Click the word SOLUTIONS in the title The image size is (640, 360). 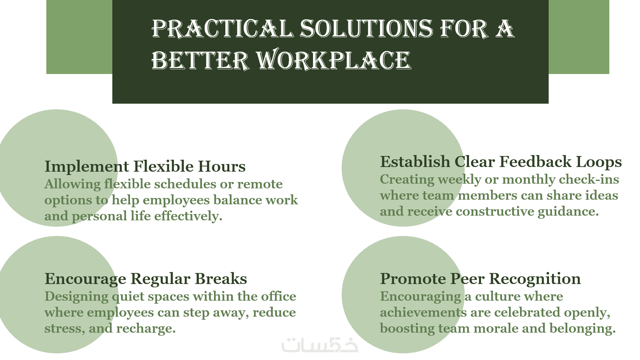coord(367,29)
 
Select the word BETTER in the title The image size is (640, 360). coord(200,60)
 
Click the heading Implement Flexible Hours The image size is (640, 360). coord(145,166)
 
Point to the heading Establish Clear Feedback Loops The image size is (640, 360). coord(501,162)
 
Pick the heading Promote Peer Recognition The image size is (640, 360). coord(480,279)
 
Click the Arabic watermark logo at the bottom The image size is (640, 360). coord(320,345)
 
